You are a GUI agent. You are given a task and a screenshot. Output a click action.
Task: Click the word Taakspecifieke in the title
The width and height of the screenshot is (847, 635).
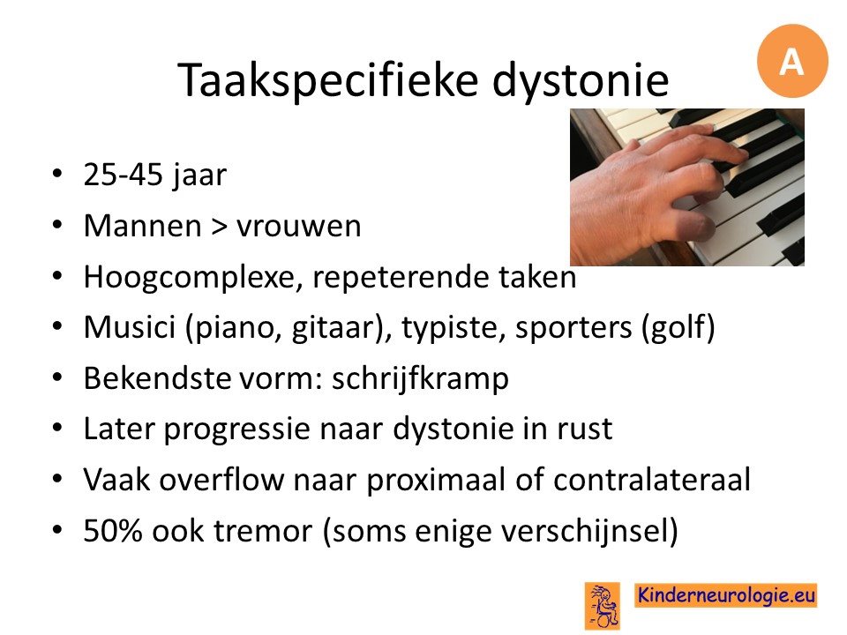328,81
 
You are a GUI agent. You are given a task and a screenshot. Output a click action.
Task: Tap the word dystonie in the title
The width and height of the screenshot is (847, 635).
581,80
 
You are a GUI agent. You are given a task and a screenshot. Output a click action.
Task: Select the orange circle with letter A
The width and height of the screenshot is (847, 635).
792,61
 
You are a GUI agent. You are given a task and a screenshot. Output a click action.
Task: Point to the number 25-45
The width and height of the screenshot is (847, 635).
124,175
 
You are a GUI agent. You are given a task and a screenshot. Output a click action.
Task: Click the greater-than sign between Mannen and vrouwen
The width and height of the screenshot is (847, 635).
219,227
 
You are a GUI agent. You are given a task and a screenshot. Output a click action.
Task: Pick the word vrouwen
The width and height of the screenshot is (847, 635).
299,227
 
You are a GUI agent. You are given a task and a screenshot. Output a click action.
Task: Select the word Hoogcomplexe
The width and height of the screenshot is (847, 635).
191,278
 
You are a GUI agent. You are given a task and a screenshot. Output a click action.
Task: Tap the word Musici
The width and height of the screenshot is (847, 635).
130,327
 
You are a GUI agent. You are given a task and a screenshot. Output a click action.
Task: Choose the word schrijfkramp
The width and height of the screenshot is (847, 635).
420,379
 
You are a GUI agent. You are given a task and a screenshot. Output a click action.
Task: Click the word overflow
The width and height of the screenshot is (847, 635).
221,480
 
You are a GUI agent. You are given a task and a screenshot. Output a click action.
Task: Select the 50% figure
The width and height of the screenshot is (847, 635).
113,531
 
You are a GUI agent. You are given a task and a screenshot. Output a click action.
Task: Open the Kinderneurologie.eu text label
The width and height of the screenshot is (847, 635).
725,595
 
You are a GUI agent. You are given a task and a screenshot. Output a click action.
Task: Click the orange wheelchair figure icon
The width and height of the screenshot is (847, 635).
603,606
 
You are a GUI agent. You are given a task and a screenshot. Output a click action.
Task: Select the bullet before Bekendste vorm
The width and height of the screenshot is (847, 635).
58,377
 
